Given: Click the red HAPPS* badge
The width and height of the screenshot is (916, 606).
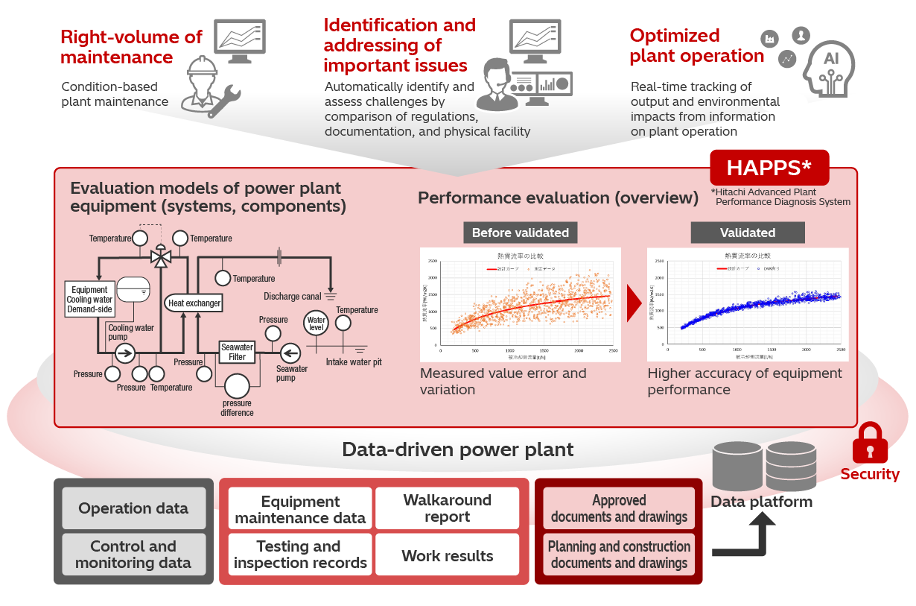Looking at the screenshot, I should (x=769, y=168).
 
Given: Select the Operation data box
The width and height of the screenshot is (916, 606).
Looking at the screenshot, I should (x=133, y=508).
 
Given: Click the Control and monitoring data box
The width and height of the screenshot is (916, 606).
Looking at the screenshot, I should (x=133, y=555).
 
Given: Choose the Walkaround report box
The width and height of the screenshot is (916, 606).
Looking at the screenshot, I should (x=447, y=508).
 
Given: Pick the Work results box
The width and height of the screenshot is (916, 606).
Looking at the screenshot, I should (x=447, y=555).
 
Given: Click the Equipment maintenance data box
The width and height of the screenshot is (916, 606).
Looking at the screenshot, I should (x=300, y=508).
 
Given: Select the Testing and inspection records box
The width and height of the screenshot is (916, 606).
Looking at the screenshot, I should (x=300, y=555).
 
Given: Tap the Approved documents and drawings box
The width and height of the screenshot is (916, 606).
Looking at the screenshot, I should (x=619, y=508).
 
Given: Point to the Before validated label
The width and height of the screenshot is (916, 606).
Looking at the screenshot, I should (x=520, y=233).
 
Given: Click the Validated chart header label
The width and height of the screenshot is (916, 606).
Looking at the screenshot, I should (x=747, y=233).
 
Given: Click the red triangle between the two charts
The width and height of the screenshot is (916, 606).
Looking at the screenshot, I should (x=634, y=304).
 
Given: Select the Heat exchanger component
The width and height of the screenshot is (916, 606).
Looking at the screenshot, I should (x=194, y=303).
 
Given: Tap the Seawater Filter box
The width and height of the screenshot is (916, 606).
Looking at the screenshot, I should (x=237, y=352).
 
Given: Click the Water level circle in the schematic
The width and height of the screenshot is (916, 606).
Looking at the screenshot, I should (x=317, y=323).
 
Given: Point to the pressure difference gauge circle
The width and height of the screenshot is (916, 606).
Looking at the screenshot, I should (x=237, y=386).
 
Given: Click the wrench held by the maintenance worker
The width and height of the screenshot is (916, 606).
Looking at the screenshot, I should (x=224, y=102).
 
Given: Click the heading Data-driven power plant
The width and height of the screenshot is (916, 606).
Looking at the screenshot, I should (x=457, y=449).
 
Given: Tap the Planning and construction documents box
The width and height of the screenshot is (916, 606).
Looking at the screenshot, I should (x=619, y=555).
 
